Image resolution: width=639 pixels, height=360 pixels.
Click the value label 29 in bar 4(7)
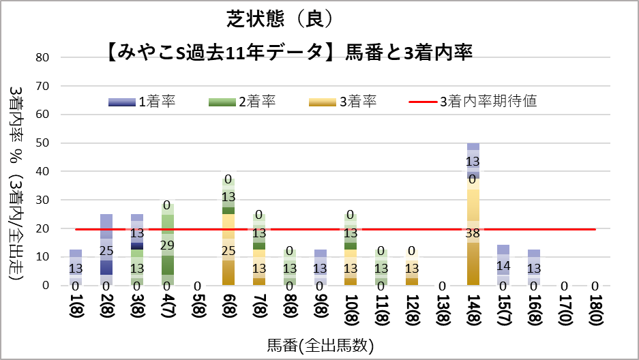pos(167,245)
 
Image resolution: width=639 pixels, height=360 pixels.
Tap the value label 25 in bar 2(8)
pos(106,251)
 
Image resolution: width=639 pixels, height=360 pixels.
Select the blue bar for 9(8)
pos(320,267)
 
